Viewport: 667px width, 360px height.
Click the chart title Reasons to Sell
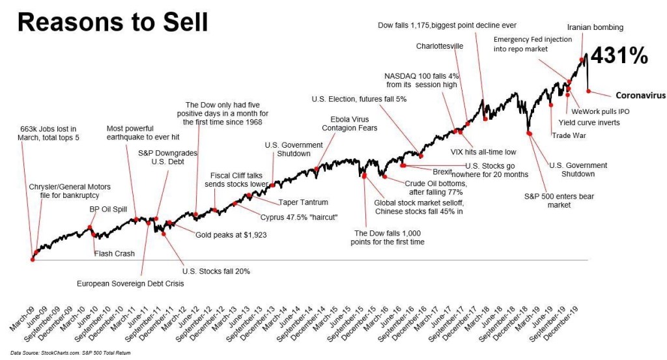(x=112, y=24)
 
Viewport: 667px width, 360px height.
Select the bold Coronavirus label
(x=640, y=94)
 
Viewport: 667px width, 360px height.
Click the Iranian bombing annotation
(x=595, y=27)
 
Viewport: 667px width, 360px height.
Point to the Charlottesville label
(x=440, y=46)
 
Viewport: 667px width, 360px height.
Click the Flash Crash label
(x=115, y=253)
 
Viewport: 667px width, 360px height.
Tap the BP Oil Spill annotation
(x=108, y=210)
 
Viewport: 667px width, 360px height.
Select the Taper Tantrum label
(x=303, y=202)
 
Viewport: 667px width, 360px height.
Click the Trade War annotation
(x=569, y=135)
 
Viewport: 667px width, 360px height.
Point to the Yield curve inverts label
(x=592, y=122)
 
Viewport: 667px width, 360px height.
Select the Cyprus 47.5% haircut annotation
(x=294, y=217)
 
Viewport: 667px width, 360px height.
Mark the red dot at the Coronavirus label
(x=588, y=92)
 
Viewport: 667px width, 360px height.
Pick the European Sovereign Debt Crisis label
(x=130, y=283)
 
